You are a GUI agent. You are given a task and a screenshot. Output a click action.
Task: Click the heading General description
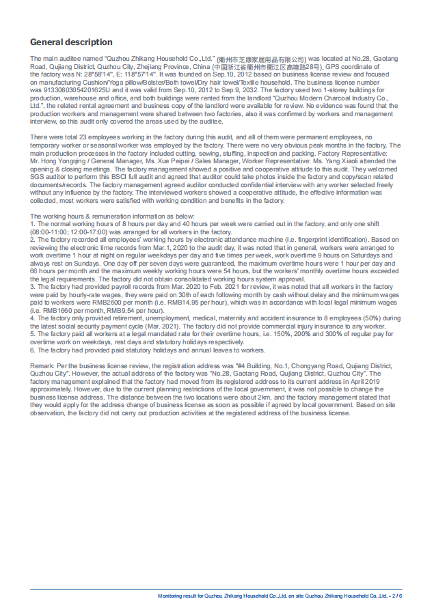(71, 42)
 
